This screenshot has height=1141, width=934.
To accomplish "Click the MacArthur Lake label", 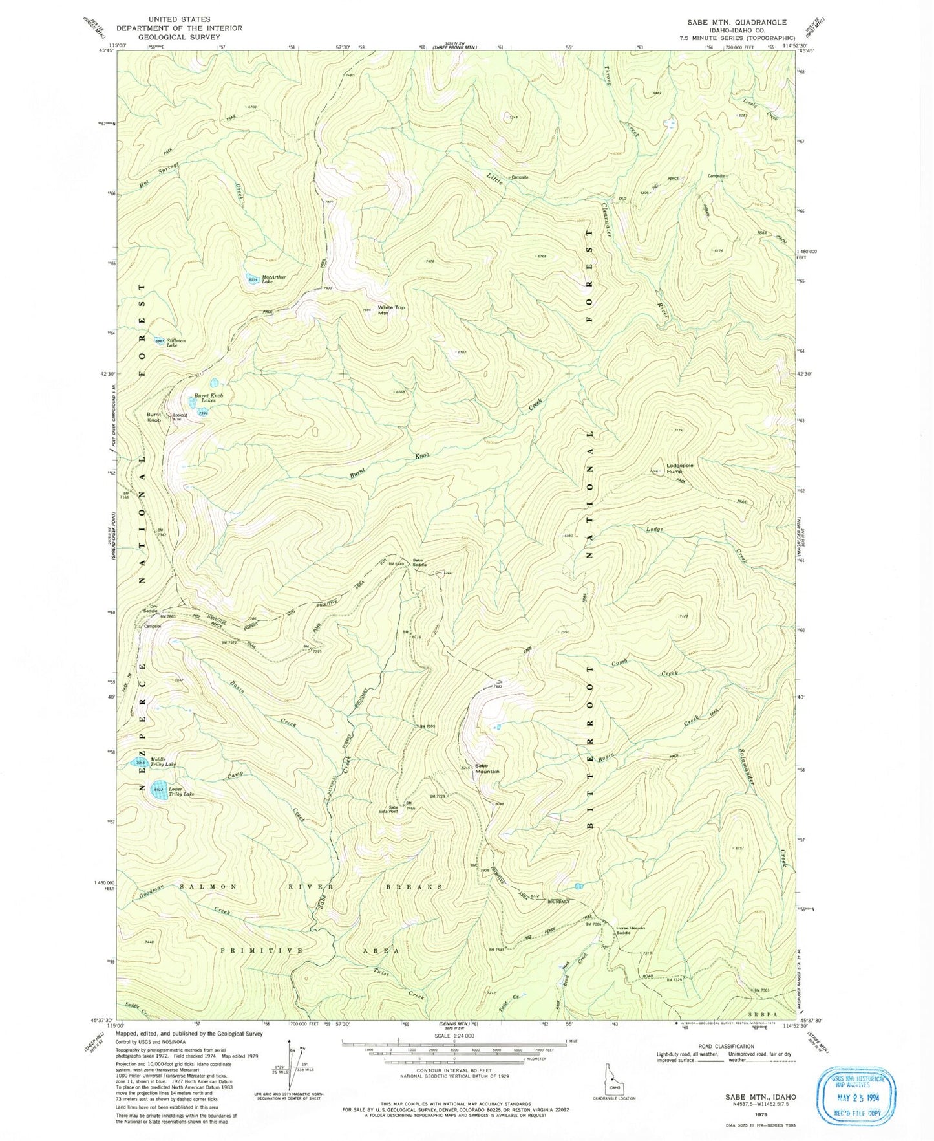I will coord(275,279).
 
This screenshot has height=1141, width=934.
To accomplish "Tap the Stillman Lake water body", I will coord(159,340).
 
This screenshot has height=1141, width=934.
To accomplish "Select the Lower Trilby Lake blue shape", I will coord(158,790).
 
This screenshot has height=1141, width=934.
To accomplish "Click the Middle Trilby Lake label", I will coord(164,762).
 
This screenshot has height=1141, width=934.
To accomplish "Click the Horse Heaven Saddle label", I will coord(631,930).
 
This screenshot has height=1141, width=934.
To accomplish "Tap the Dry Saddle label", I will coord(150,608).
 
